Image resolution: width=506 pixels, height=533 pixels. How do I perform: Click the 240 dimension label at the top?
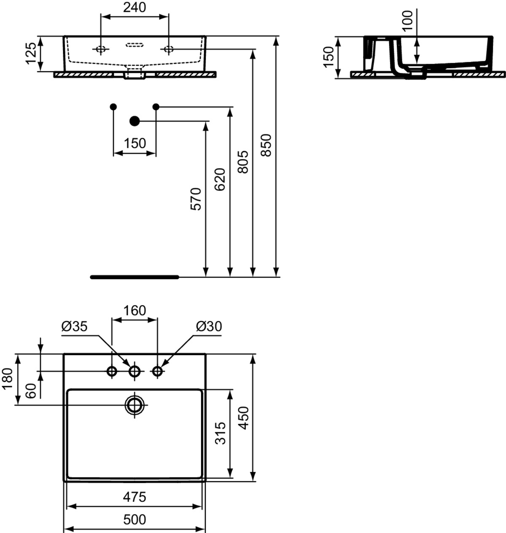tap(135, 7)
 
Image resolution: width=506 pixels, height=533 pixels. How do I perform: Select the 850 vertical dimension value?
tap(266, 145)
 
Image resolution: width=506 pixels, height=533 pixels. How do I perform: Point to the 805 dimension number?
tap(243, 162)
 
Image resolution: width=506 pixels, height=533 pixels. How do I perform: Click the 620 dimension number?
tap(220, 179)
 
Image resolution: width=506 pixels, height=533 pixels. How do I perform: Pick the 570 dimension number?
tap(196, 199)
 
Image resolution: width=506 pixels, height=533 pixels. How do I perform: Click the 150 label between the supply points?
tap(135, 143)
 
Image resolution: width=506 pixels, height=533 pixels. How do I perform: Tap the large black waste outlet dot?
tap(135, 121)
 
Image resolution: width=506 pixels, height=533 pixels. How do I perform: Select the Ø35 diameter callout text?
tap(74, 327)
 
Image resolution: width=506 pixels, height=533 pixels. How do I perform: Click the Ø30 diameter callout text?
tap(209, 327)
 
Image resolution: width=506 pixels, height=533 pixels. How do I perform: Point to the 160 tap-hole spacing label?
tap(135, 311)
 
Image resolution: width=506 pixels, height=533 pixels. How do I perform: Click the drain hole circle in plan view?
tap(135, 405)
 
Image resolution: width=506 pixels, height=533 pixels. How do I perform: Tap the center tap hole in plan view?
tap(135, 371)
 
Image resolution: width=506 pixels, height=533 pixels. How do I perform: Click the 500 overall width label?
tap(135, 520)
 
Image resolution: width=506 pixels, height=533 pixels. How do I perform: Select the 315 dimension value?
tap(220, 433)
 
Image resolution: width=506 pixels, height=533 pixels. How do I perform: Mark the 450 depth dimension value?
tap(243, 418)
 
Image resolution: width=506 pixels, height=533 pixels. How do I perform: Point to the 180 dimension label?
tap(8, 379)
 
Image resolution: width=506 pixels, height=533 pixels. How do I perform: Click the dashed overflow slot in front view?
tap(135, 45)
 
